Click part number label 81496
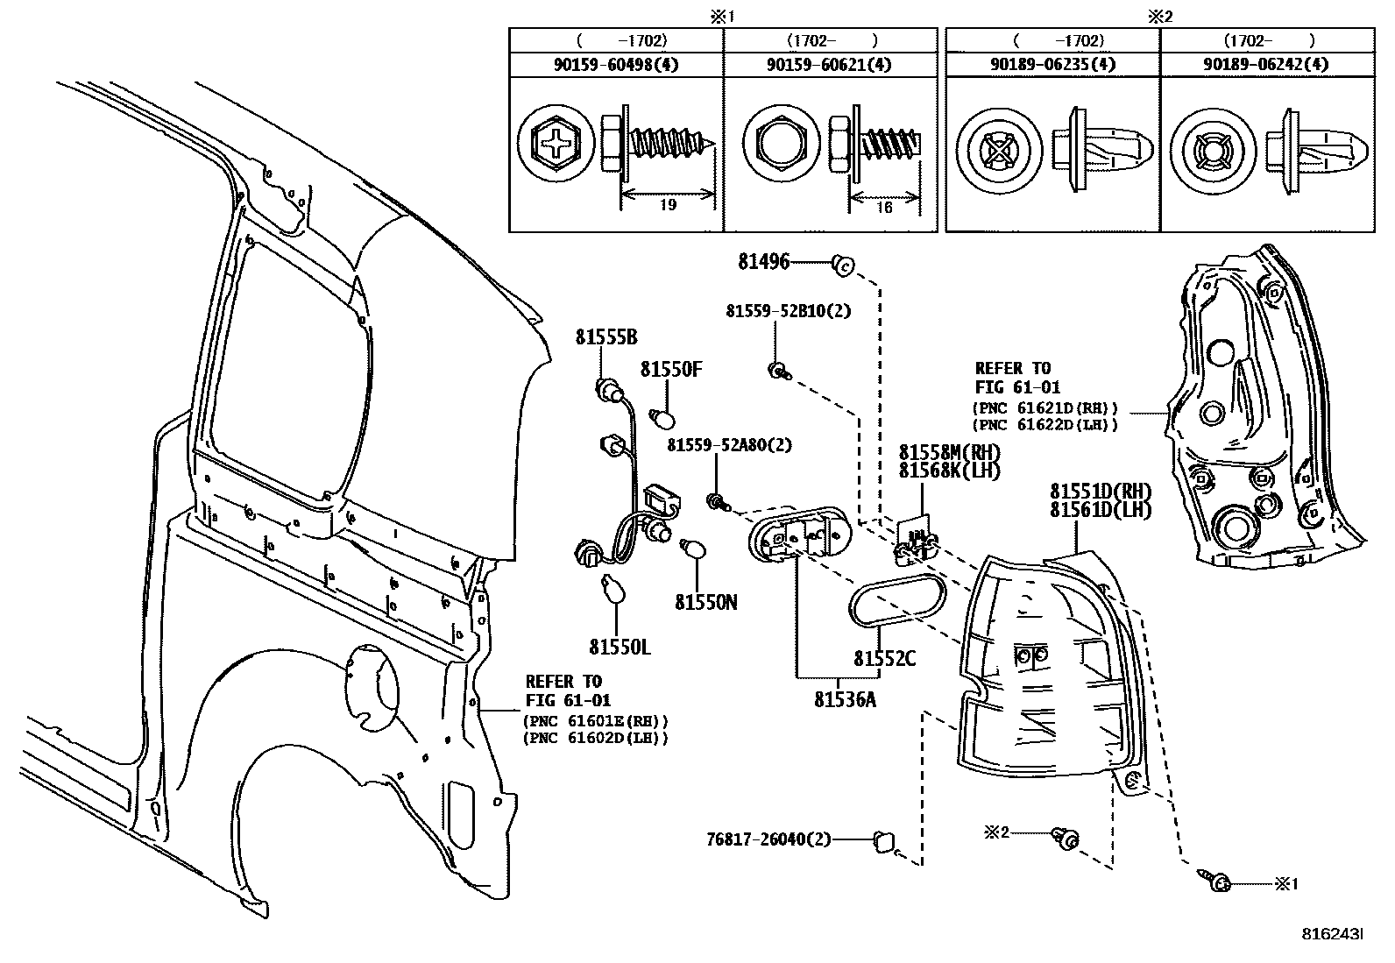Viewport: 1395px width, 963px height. [763, 261]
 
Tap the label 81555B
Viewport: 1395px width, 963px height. [605, 337]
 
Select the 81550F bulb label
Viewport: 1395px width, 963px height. [671, 370]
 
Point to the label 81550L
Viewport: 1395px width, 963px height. [620, 648]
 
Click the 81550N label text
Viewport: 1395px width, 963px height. [705, 602]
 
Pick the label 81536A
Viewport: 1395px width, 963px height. [845, 699]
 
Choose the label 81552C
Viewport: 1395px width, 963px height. [884, 658]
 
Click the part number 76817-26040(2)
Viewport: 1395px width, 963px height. [768, 839]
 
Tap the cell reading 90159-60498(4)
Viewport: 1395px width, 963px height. [616, 64]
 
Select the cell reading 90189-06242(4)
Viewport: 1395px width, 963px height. [1265, 64]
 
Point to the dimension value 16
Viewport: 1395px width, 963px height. [883, 208]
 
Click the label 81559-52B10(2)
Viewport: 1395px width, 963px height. [788, 311]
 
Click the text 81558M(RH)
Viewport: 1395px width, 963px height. [948, 452]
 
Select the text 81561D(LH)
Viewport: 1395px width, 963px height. [1101, 510]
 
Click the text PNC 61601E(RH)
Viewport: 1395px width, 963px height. [595, 721]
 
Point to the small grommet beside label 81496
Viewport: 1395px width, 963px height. [843, 262]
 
